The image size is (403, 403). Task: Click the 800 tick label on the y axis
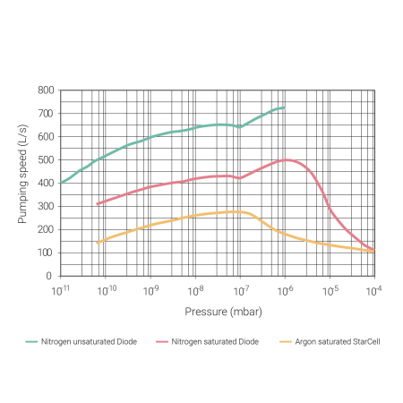click(x=46, y=90)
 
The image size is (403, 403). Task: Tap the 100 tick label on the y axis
click(x=46, y=253)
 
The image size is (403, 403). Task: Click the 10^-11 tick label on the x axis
click(x=61, y=290)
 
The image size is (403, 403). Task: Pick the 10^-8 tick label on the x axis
click(x=195, y=290)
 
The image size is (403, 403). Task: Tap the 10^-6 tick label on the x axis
click(x=285, y=290)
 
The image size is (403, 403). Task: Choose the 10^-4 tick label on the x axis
click(x=373, y=290)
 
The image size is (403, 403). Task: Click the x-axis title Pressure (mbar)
click(x=217, y=312)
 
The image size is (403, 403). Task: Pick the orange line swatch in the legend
click(x=287, y=342)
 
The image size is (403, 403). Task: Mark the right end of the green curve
click(x=284, y=107)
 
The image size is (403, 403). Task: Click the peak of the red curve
click(x=287, y=159)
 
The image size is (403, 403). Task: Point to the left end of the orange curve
click(x=97, y=243)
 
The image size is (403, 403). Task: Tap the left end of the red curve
click(x=97, y=204)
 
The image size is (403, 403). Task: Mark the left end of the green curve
click(x=61, y=184)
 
